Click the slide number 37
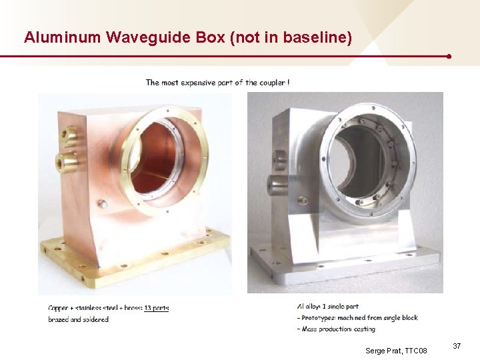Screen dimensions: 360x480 click(x=457, y=346)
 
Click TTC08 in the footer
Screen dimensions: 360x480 click(x=415, y=350)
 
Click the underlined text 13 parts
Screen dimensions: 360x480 click(x=156, y=308)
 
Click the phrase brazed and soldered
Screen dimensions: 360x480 click(x=78, y=319)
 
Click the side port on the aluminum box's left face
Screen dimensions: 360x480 click(x=273, y=185)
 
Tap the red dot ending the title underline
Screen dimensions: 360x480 click(x=450, y=57)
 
